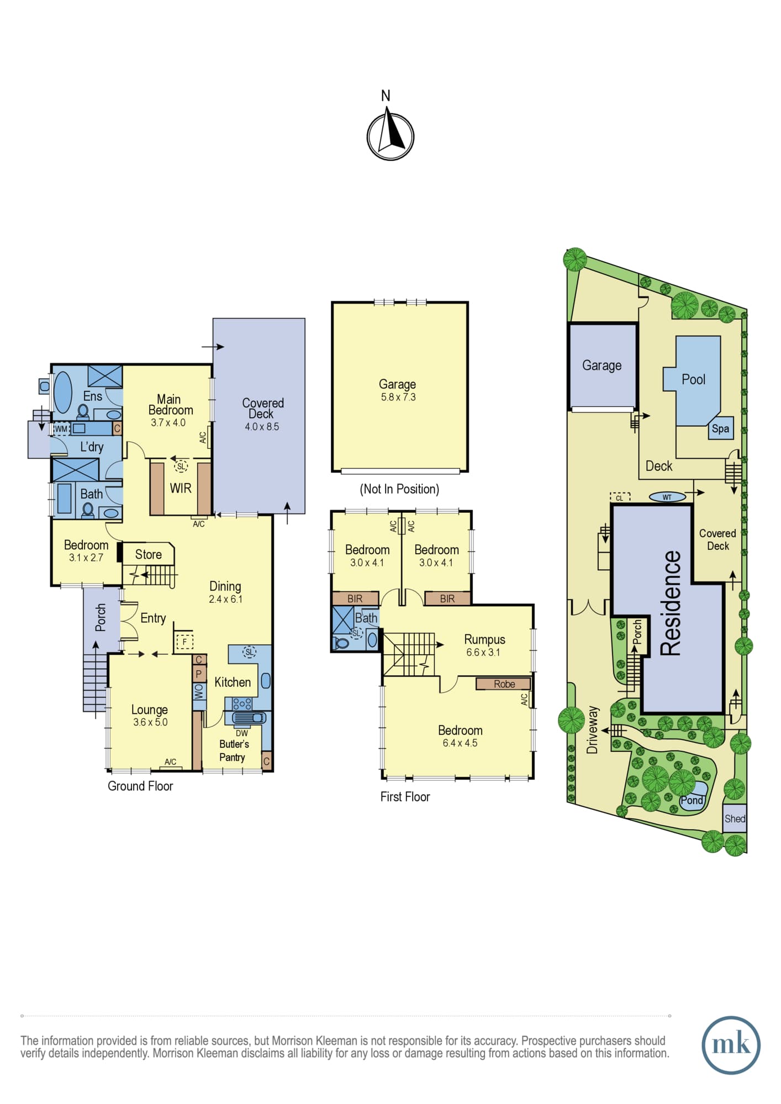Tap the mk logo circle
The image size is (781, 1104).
[x=731, y=1045]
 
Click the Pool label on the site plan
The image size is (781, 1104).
[x=693, y=379]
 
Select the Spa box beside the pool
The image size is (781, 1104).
[x=720, y=428]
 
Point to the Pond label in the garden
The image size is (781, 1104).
[x=692, y=800]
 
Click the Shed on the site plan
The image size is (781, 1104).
[x=735, y=819]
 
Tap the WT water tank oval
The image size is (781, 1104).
[x=667, y=497]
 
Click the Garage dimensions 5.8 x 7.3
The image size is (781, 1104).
[x=398, y=397]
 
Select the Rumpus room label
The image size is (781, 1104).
[x=484, y=639]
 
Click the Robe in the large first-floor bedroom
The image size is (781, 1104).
[x=504, y=684]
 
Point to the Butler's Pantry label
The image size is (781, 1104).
[x=233, y=751]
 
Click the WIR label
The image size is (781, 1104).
[x=181, y=488]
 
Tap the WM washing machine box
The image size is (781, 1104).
[x=61, y=429]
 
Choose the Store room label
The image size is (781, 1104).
[x=149, y=554]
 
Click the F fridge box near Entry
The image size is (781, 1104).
[x=184, y=642]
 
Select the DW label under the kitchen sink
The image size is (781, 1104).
[x=242, y=733]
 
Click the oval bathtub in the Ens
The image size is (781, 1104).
[x=62, y=392]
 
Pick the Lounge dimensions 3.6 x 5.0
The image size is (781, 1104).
[x=150, y=722]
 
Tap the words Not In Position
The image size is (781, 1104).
[x=399, y=489]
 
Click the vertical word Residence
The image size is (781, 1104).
[x=671, y=603]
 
